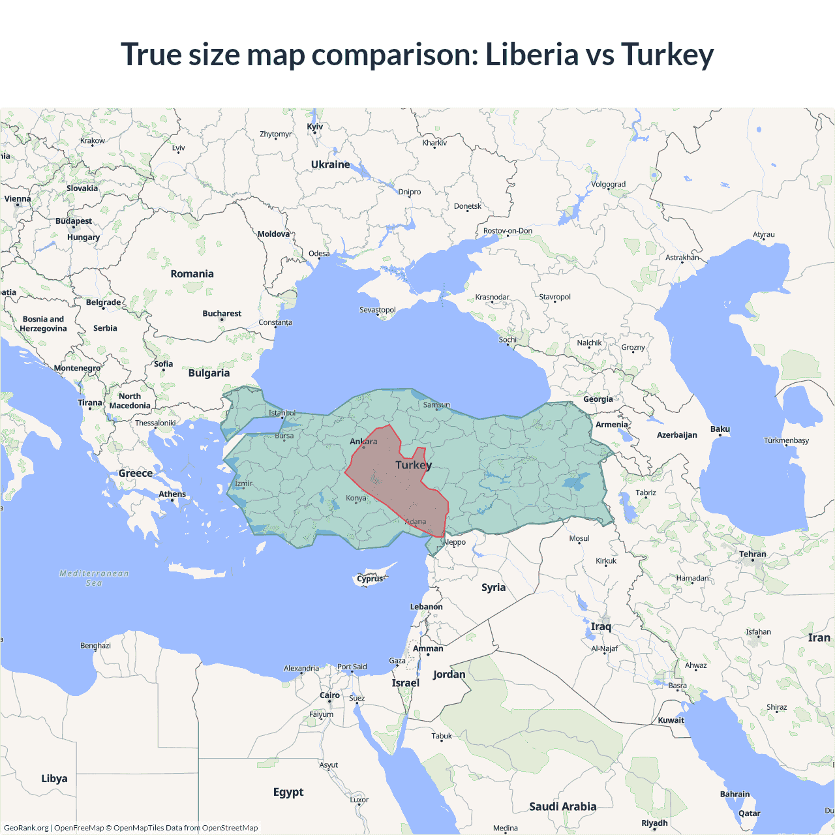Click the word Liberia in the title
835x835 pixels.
coord(531,54)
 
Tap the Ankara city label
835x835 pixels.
coord(363,442)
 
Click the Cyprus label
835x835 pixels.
coord(370,579)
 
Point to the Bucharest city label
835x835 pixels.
coord(222,314)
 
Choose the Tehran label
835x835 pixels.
coord(753,554)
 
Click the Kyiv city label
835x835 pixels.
coord(315,127)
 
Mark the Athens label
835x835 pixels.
coord(172,494)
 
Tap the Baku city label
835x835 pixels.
coord(720,429)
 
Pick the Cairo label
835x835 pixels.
coord(329,695)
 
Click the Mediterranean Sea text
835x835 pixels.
coord(94,578)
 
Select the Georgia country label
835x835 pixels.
coord(598,399)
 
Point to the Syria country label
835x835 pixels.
coord(493,588)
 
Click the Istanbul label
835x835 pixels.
coord(282,413)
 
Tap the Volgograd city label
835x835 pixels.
coord(608,185)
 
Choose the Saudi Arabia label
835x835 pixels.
coord(562,807)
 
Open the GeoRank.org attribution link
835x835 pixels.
coord(26,828)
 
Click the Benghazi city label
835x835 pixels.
coord(95,646)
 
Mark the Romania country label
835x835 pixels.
coord(192,274)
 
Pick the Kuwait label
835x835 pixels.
coord(671,720)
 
